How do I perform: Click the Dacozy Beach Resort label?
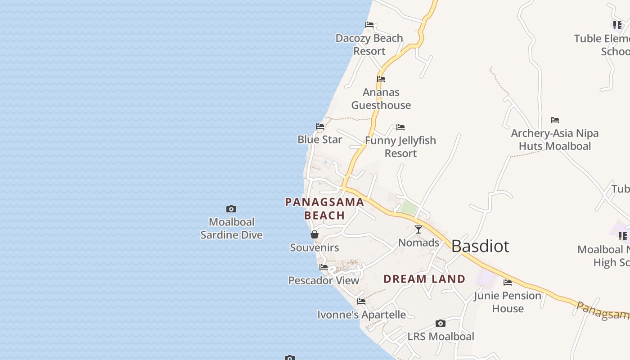[369, 45]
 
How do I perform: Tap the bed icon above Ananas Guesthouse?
[381, 79]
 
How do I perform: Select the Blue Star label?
[319, 139]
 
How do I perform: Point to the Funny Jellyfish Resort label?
[400, 147]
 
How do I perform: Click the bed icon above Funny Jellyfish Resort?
[400, 128]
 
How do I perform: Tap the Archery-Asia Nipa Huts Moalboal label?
[555, 139]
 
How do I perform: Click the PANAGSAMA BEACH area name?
[324, 208]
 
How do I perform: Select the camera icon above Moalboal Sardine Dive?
[231, 209]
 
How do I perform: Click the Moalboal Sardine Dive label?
[231, 228]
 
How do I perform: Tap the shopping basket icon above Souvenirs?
[315, 234]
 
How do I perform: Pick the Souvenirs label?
[315, 247]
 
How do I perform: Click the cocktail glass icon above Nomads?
[418, 229]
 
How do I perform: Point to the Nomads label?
[418, 243]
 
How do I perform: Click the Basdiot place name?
[480, 246]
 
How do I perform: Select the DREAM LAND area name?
[424, 279]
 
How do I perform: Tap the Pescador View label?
[324, 280]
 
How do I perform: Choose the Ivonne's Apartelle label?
[361, 315]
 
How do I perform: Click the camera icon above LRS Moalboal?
[441, 324]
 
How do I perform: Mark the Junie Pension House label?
[508, 302]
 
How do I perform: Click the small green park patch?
[409, 207]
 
